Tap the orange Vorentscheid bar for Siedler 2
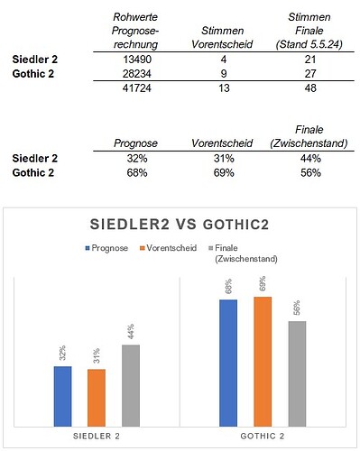point(97,397)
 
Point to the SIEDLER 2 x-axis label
point(97,437)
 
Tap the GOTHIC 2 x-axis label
point(263,437)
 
